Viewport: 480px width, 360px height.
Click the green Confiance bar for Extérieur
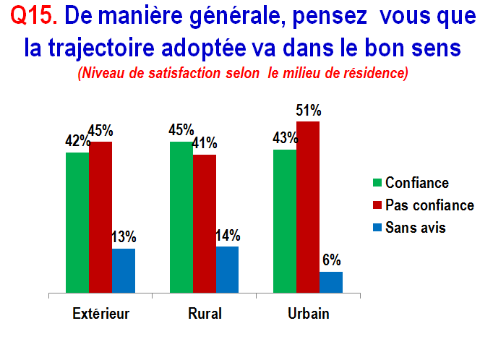77,223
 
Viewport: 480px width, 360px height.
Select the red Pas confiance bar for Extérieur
100,218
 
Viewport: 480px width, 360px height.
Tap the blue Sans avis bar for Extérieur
124,270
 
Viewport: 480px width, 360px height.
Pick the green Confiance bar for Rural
181,218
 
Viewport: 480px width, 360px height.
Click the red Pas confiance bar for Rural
205,224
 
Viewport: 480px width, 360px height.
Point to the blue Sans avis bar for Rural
228,270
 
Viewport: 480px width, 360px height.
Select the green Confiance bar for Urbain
285,221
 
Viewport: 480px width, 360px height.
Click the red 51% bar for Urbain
308,207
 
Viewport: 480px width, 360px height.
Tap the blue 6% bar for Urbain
331,282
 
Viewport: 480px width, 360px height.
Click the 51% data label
309,110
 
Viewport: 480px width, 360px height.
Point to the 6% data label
332,260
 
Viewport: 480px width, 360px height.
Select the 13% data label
124,237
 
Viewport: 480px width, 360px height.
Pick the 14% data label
228,236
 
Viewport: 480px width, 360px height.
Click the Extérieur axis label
100,314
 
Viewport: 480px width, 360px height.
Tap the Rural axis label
205,314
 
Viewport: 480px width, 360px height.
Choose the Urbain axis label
309,314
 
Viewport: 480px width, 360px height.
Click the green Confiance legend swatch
377,183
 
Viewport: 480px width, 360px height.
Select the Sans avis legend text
416,228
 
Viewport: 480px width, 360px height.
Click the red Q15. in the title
34,15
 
